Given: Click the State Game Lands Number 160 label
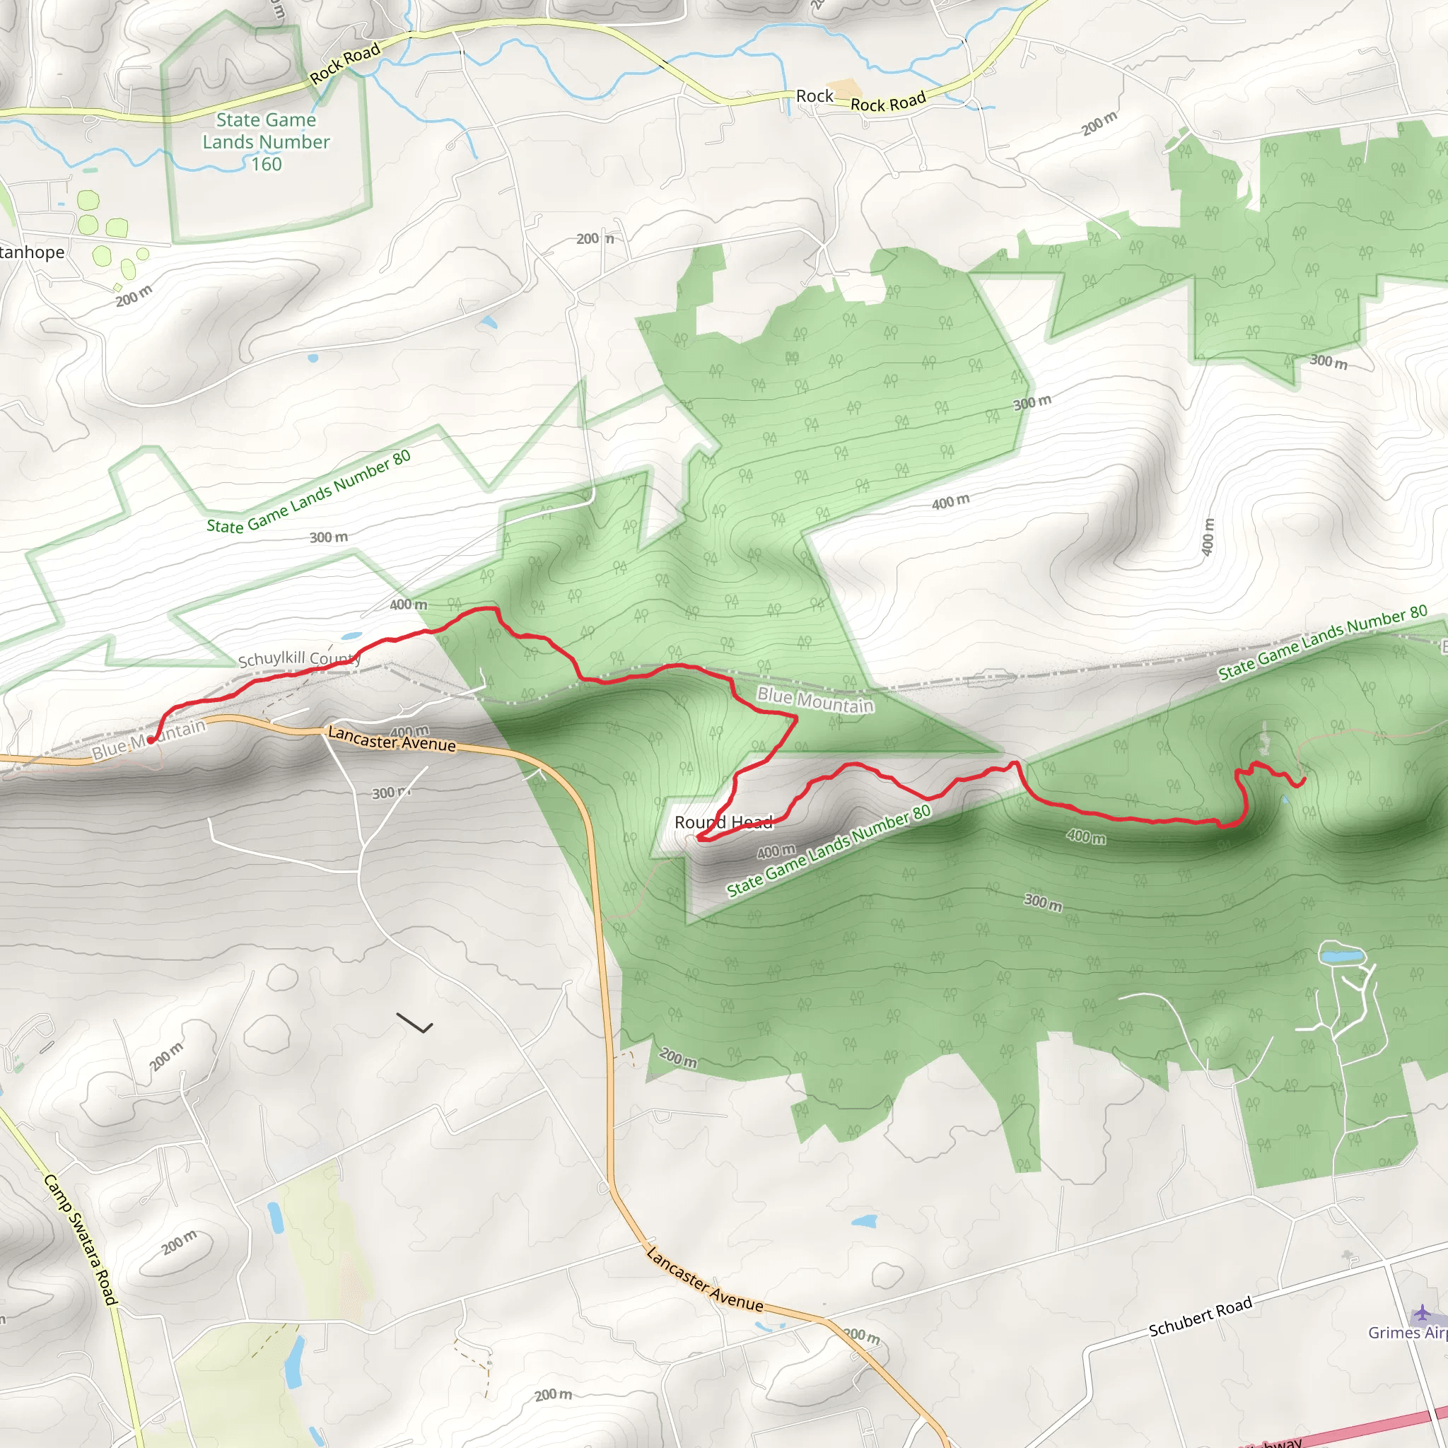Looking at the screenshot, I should point(266,141).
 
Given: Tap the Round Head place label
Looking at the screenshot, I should point(723,822).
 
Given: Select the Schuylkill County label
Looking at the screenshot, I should point(299,659).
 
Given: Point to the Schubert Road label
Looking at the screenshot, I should point(1200,1316).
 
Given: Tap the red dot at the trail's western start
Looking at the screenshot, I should point(151,740).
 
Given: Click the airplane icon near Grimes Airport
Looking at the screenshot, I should point(1421,1313).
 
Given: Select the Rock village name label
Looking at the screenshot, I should point(814,96).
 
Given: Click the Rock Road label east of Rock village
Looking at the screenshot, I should point(888,102).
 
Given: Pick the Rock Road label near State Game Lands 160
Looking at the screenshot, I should point(345,63).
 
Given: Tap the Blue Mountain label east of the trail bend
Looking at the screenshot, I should point(814,700).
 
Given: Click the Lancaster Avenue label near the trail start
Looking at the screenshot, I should point(391,739).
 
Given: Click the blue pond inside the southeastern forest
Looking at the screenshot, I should point(1341,957).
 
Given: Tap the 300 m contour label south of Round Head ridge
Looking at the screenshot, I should point(1043,902).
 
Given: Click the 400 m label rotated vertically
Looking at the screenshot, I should point(1207,537).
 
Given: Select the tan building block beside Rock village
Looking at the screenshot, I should point(845,89).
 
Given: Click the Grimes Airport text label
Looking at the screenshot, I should point(1407,1333).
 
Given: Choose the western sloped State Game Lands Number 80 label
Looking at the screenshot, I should point(308,491).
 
